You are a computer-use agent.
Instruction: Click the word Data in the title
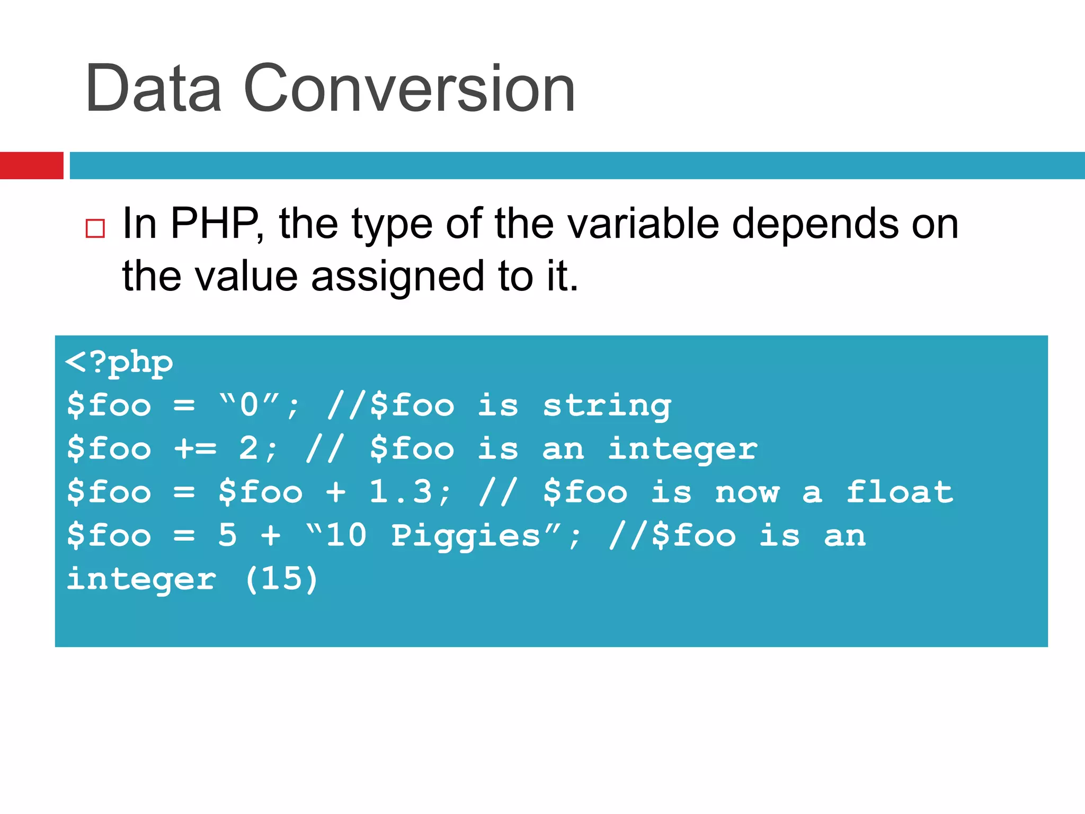click(x=153, y=88)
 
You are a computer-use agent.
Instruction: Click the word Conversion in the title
click(x=409, y=88)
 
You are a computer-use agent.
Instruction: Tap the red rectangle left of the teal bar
click(x=31, y=165)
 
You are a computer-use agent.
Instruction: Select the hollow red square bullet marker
click(x=95, y=228)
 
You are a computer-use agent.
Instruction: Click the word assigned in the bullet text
click(x=397, y=276)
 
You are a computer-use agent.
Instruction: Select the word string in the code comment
click(x=607, y=406)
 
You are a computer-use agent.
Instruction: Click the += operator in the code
click(x=195, y=449)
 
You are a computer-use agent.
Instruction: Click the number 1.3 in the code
click(x=401, y=492)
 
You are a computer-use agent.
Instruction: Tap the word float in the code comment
click(x=900, y=492)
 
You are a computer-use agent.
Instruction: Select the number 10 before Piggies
click(x=346, y=535)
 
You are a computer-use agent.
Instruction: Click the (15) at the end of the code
click(x=281, y=579)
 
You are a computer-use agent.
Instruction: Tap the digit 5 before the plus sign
click(x=227, y=535)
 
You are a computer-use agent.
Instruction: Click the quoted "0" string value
click(x=249, y=405)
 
